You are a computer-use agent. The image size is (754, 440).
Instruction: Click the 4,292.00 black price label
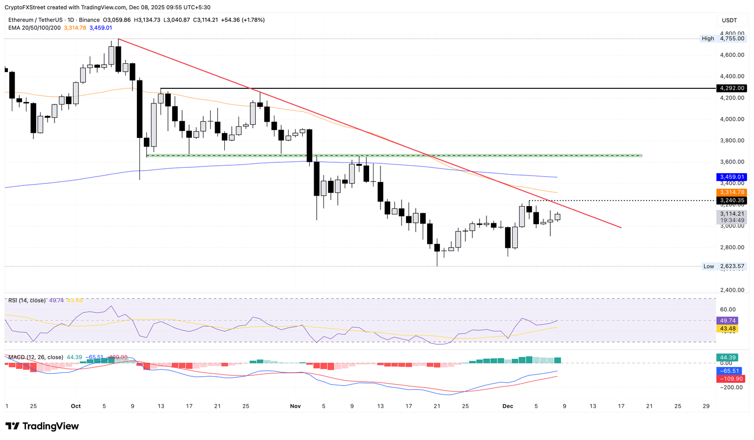731,88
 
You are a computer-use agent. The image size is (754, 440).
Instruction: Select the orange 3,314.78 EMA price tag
731,192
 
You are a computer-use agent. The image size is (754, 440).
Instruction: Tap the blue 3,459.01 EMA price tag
731,177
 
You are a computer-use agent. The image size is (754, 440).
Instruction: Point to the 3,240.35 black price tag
731,201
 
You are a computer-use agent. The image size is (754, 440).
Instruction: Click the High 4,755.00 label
723,38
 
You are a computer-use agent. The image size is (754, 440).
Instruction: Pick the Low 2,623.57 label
724,266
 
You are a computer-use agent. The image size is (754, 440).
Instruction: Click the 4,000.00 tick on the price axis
732,119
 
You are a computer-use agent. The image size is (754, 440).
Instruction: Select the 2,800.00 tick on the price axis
732,247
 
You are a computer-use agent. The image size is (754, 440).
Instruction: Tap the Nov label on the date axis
296,406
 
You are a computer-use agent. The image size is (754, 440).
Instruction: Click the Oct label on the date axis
76,406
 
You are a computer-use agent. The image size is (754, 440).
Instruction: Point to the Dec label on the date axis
508,406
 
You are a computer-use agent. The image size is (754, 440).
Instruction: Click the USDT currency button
729,20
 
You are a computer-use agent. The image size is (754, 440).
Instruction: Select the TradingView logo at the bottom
42,426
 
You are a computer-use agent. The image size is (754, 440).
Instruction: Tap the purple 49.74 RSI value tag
727,321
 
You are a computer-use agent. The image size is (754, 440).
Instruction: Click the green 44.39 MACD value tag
727,358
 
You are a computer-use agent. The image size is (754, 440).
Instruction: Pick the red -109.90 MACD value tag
731,379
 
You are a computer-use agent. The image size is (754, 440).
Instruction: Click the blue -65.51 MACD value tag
729,371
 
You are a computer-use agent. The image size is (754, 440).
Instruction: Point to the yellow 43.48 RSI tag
727,328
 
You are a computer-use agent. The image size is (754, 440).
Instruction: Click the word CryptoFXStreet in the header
25,7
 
